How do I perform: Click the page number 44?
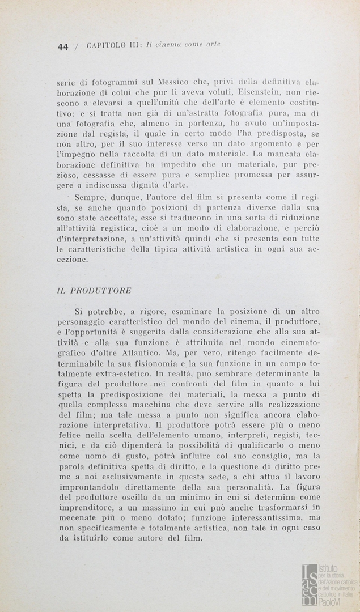point(62,47)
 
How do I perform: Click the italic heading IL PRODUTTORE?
point(95,290)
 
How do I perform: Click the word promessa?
point(252,175)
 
